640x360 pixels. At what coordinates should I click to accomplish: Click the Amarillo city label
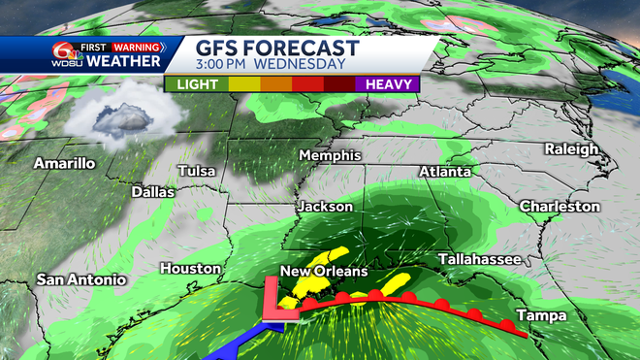click(65, 163)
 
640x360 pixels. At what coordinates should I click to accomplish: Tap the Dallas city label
click(153, 192)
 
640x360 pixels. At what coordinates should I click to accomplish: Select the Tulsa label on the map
click(197, 172)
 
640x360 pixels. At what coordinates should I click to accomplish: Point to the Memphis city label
click(330, 155)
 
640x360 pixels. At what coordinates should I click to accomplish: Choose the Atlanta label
click(445, 172)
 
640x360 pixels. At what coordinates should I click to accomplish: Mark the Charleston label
click(560, 207)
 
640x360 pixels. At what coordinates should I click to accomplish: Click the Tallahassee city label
click(480, 260)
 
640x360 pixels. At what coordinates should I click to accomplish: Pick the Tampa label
click(536, 315)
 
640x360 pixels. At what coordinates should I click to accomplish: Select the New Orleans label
click(324, 271)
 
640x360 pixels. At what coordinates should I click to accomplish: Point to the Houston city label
click(191, 268)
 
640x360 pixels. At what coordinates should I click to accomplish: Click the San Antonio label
click(81, 279)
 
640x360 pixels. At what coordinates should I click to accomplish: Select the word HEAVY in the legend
click(391, 83)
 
